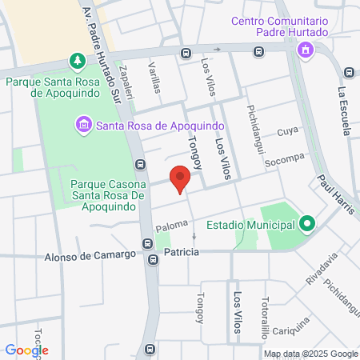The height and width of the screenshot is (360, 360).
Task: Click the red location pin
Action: [180, 178]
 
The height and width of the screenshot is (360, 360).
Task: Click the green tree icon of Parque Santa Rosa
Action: [77, 62]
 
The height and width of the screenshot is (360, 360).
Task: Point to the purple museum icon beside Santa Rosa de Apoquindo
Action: [84, 124]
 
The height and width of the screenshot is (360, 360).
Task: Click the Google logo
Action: [26, 350]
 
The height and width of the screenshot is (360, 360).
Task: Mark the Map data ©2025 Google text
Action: [311, 354]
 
